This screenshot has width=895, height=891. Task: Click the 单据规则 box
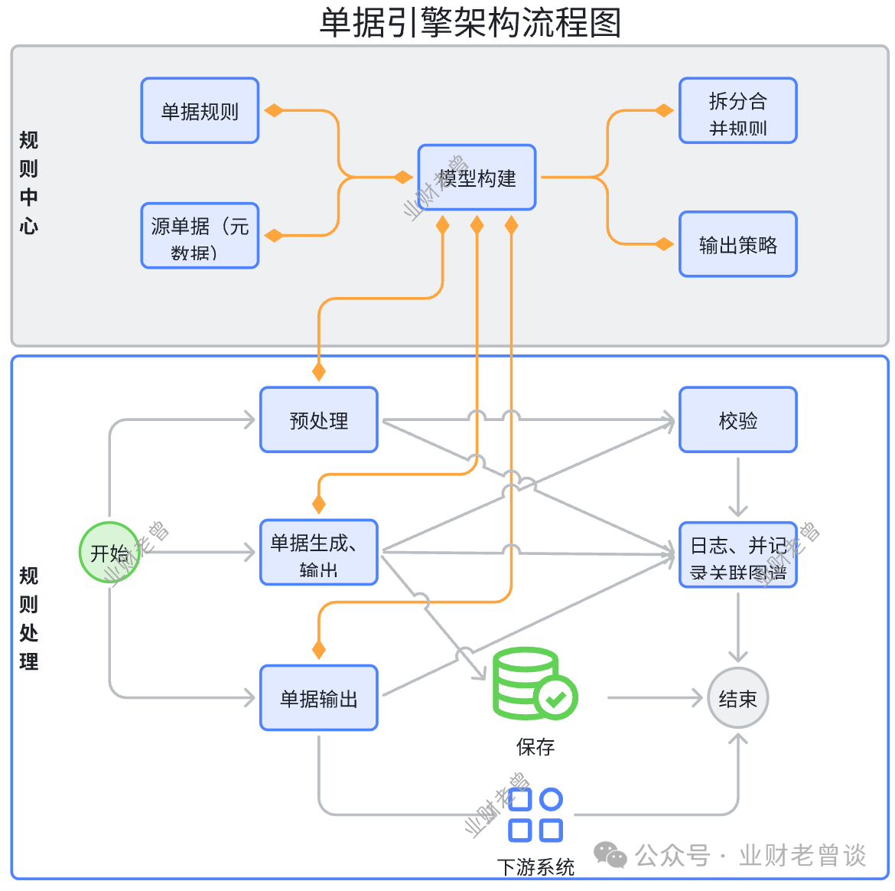pyautogui.click(x=200, y=111)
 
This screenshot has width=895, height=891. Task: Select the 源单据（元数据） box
pyautogui.click(x=200, y=236)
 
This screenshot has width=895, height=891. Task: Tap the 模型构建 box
pyautogui.click(x=477, y=178)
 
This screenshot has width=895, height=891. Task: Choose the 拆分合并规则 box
pyautogui.click(x=737, y=111)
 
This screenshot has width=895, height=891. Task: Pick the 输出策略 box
pyautogui.click(x=737, y=244)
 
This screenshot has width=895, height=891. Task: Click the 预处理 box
pyautogui.click(x=318, y=419)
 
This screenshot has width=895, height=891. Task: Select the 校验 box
pyautogui.click(x=737, y=419)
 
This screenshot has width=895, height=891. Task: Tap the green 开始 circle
pyautogui.click(x=109, y=552)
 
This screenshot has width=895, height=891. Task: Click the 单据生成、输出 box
pyautogui.click(x=318, y=553)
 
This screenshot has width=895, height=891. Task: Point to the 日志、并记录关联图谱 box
pyautogui.click(x=737, y=555)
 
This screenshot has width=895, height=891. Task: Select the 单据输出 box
pyautogui.click(x=318, y=697)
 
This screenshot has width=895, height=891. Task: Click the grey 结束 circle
pyautogui.click(x=737, y=697)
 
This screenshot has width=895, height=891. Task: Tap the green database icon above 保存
pyautogui.click(x=533, y=684)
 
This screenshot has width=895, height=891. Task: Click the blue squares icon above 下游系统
pyautogui.click(x=535, y=815)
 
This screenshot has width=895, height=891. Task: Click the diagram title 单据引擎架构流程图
pyautogui.click(x=470, y=22)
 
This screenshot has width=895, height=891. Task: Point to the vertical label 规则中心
pyautogui.click(x=28, y=182)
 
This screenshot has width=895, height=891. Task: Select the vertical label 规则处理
pyautogui.click(x=28, y=618)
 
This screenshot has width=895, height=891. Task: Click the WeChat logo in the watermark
pyautogui.click(x=610, y=855)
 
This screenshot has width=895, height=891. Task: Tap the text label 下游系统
pyautogui.click(x=535, y=867)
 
